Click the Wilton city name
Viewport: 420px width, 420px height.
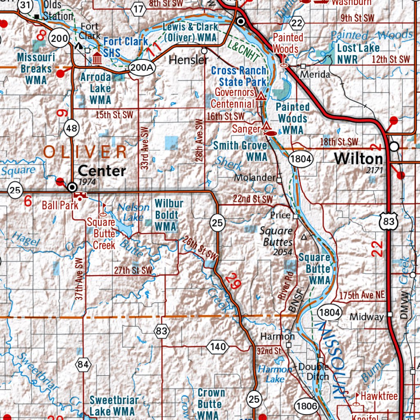pos(358,158)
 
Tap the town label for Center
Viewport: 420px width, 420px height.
pos(102,171)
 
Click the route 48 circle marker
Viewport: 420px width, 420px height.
pos(71,129)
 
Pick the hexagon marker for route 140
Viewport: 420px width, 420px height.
pos(217,347)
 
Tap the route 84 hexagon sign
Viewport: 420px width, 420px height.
pos(83,364)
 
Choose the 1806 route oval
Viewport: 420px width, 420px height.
pos(307,406)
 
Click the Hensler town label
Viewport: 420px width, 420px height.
pos(189,60)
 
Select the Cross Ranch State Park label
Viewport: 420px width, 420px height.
pos(239,76)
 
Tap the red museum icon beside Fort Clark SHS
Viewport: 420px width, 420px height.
pos(97,58)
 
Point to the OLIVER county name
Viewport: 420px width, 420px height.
pos(85,152)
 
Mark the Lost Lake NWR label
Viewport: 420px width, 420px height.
pos(358,53)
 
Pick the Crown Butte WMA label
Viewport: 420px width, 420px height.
pos(211,404)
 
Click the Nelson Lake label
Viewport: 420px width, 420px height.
pos(133,212)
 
